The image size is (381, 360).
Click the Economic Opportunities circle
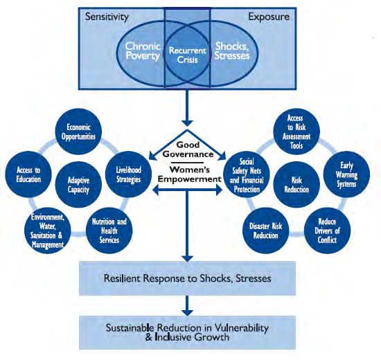pyautogui.click(x=78, y=132)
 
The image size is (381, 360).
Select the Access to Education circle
pyautogui.click(x=28, y=174)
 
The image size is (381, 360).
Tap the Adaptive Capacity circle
pyautogui.click(x=78, y=185)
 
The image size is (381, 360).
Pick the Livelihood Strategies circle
pyautogui.click(x=128, y=174)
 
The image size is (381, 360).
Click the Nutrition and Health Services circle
pyautogui.click(x=109, y=231)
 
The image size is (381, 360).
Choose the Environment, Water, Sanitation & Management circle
pyautogui.click(x=48, y=231)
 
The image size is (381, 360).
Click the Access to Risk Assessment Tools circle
pyautogui.click(x=296, y=132)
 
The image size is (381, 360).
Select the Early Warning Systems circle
pyautogui.click(x=347, y=174)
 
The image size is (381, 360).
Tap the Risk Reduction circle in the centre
pyautogui.click(x=296, y=185)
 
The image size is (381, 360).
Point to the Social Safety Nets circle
pyautogui.click(x=247, y=174)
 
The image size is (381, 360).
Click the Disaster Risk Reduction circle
pyautogui.click(x=265, y=231)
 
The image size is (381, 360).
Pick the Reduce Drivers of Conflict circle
pyautogui.click(x=327, y=231)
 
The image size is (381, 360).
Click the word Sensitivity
pyautogui.click(x=107, y=17)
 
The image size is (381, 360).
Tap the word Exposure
pyautogui.click(x=269, y=17)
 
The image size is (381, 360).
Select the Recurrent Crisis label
pyautogui.click(x=187, y=55)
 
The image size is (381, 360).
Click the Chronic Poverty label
pyautogui.click(x=143, y=51)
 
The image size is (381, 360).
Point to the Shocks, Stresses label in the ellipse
pyautogui.click(x=232, y=51)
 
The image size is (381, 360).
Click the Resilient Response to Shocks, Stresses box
pyautogui.click(x=187, y=278)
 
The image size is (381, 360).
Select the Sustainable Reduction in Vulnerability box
pyautogui.click(x=187, y=332)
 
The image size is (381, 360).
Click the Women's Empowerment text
pyautogui.click(x=190, y=174)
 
